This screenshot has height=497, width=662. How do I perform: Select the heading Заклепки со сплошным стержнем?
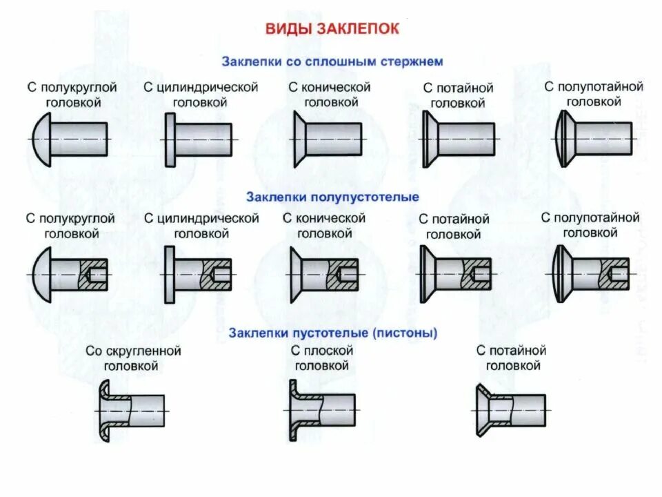coord(332,61)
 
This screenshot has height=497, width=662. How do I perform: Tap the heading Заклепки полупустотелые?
coord(332,197)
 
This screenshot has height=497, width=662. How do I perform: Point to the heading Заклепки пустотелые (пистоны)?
coord(333,333)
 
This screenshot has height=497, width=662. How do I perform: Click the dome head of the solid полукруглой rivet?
coord(41,139)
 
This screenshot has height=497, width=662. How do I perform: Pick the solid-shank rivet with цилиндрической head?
coord(199,140)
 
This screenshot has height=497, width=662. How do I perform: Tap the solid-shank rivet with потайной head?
coord(459,140)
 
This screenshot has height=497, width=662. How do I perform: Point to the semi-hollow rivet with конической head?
coord(323,275)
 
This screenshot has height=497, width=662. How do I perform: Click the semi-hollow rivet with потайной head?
coord(456,275)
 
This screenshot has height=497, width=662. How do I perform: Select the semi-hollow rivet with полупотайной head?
coord(591,274)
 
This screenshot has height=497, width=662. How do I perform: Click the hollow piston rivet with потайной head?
coord(510,411)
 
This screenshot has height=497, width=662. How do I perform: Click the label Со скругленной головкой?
coord(133,358)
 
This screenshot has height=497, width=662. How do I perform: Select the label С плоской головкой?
coord(321,358)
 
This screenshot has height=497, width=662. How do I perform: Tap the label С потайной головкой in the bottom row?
coord(511,358)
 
